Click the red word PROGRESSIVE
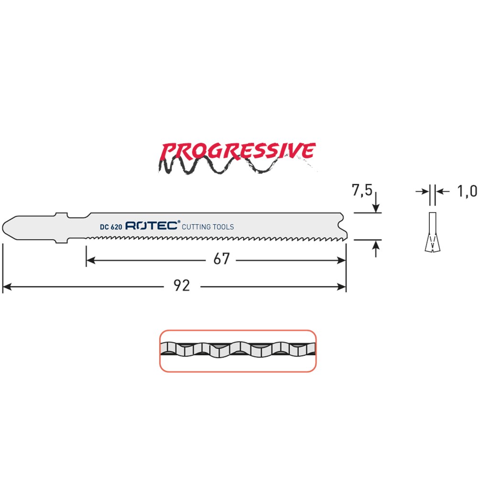click(237, 151)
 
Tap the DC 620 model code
click(111, 227)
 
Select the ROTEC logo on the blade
click(152, 226)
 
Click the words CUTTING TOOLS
click(208, 227)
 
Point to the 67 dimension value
click(221, 259)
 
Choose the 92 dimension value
click(182, 286)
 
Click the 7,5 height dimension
click(362, 190)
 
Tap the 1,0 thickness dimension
click(467, 192)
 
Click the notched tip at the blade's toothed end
click(344, 227)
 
